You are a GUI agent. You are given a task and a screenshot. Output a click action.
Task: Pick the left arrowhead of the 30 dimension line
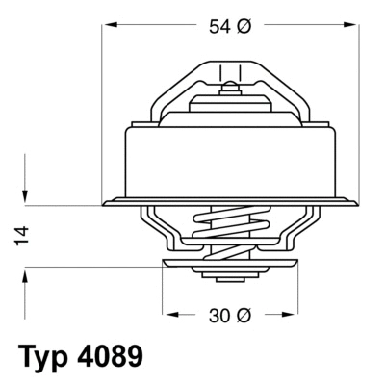(168, 314)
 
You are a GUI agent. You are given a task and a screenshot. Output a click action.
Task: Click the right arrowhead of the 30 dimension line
(286, 314)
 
